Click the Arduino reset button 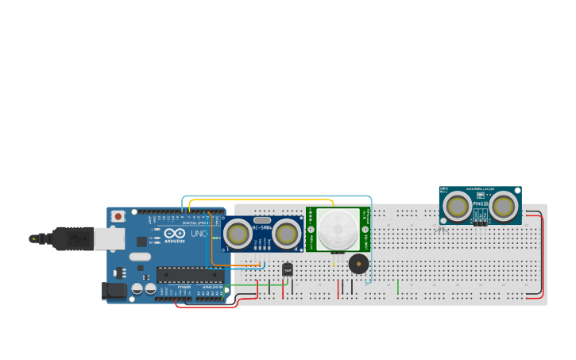click(x=118, y=216)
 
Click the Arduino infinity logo click(x=175, y=234)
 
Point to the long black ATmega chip click(x=190, y=275)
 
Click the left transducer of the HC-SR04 click(x=238, y=234)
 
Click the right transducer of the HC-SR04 click(x=286, y=234)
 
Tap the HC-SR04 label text click(x=262, y=228)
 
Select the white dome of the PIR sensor click(x=338, y=229)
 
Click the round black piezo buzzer click(x=358, y=264)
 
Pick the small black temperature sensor click(x=288, y=270)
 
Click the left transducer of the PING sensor click(x=457, y=207)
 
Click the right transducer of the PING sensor click(x=503, y=207)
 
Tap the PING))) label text click(x=479, y=204)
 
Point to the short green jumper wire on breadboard click(x=397, y=286)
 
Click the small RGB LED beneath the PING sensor click(x=441, y=229)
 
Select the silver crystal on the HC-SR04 click(x=262, y=219)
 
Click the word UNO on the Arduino click(x=199, y=234)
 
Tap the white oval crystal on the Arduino click(x=140, y=257)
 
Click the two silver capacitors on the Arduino click(x=143, y=288)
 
